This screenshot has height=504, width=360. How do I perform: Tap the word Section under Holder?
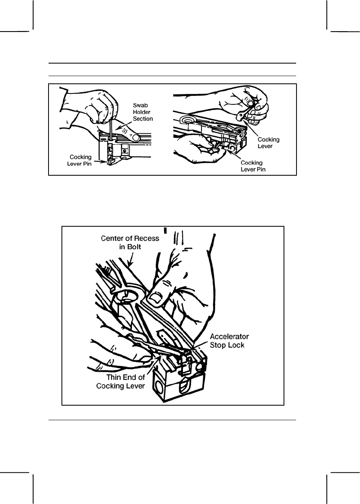[143, 119]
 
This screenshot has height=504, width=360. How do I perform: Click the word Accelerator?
[230, 336]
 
